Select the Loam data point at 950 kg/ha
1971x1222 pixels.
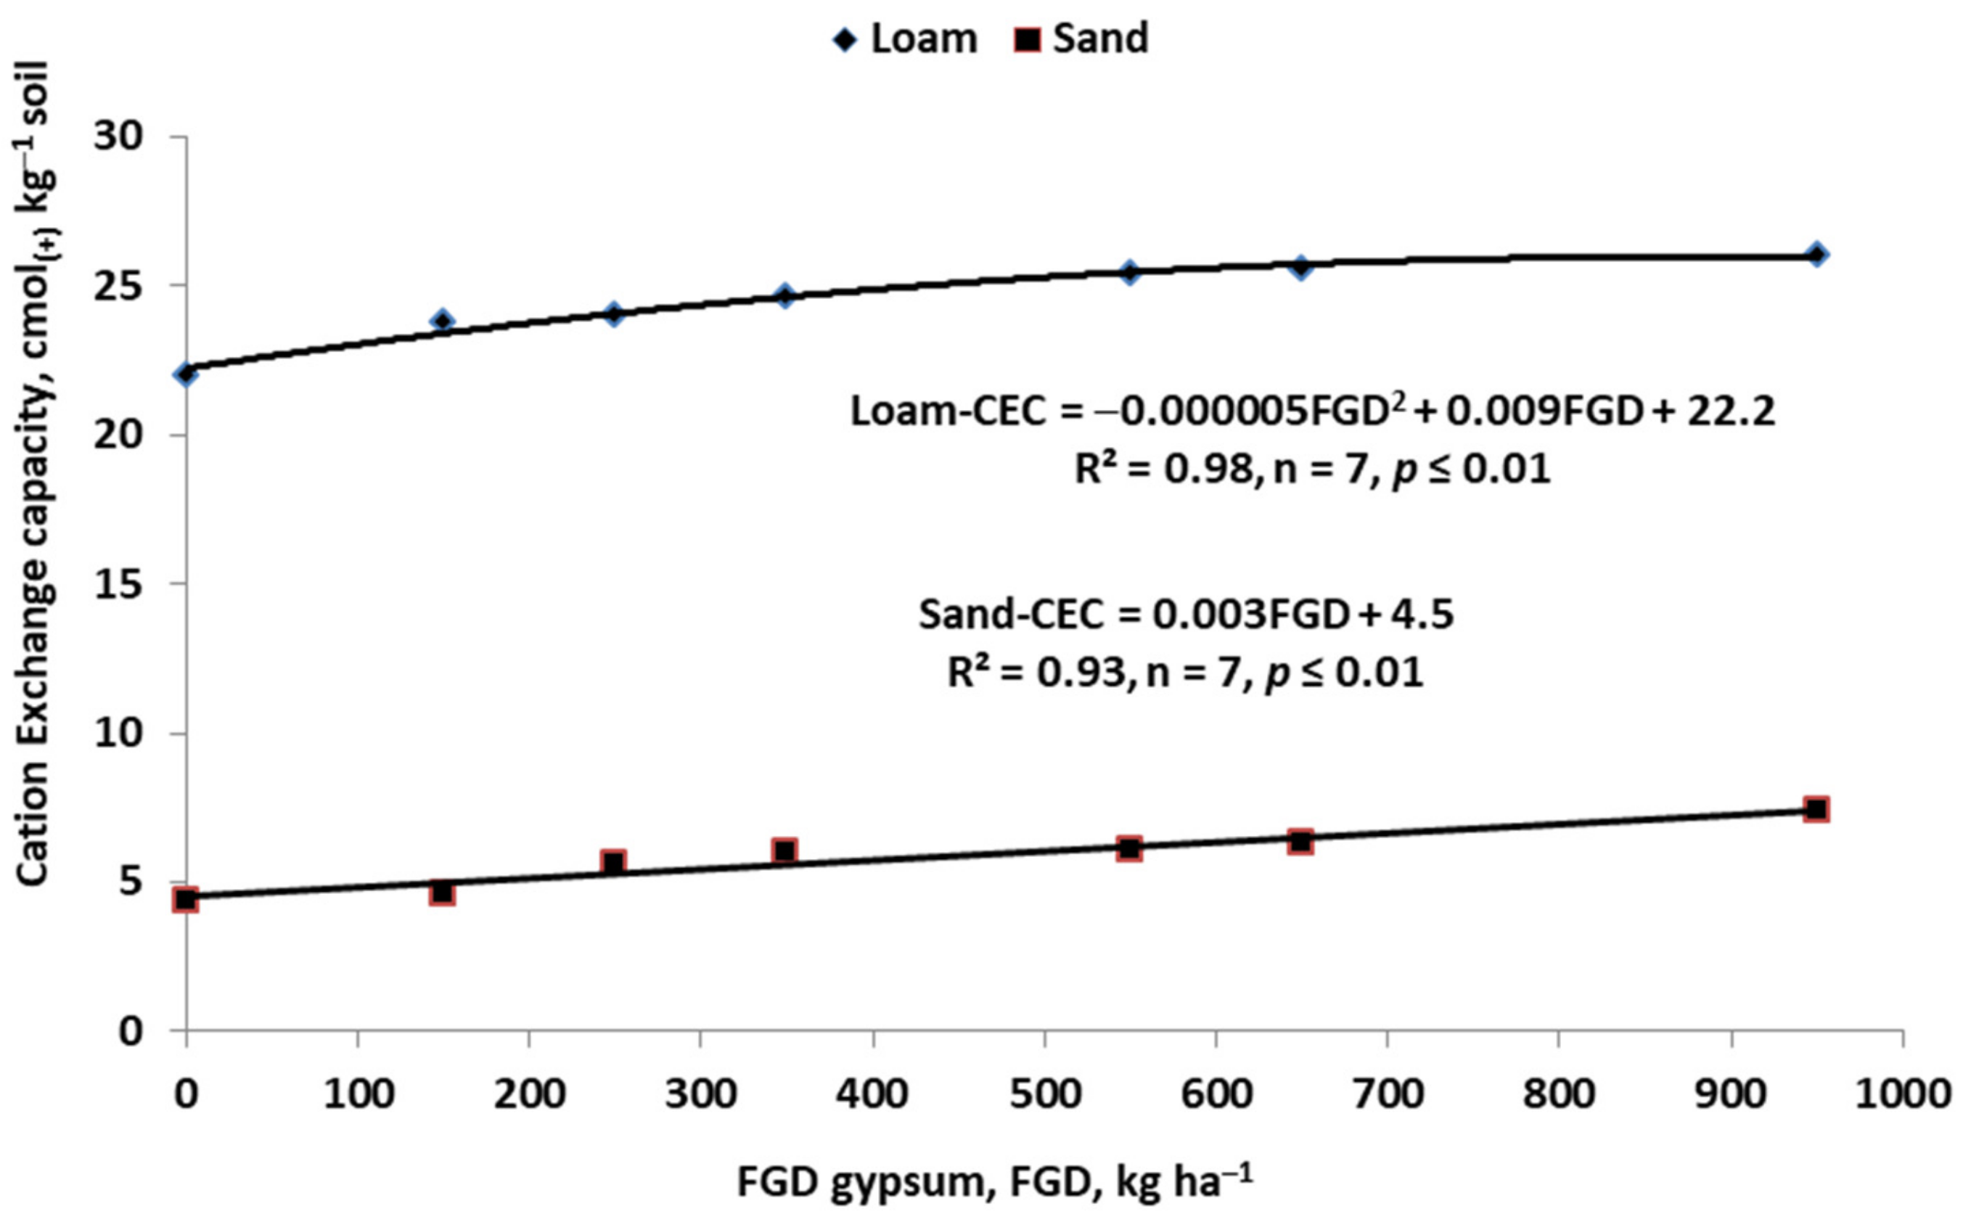[x=1816, y=254]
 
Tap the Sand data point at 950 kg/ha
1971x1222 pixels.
[x=1816, y=809]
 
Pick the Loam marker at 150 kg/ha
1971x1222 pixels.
[x=442, y=321]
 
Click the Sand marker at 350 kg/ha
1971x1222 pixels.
[x=784, y=850]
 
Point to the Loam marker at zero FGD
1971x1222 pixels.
[x=186, y=374]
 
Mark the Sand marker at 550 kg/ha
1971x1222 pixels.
[x=1129, y=848]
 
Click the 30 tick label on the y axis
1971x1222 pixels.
[x=118, y=136]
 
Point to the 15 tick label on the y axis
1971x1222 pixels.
[x=118, y=583]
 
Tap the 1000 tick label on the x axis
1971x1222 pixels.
[x=1902, y=1094]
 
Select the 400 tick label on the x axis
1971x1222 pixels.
[x=872, y=1094]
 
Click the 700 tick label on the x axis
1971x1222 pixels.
[x=1387, y=1094]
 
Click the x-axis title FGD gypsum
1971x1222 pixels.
[x=994, y=1182]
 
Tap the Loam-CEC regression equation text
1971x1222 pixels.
[x=1312, y=411]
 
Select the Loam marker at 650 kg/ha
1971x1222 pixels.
[x=1300, y=267]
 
